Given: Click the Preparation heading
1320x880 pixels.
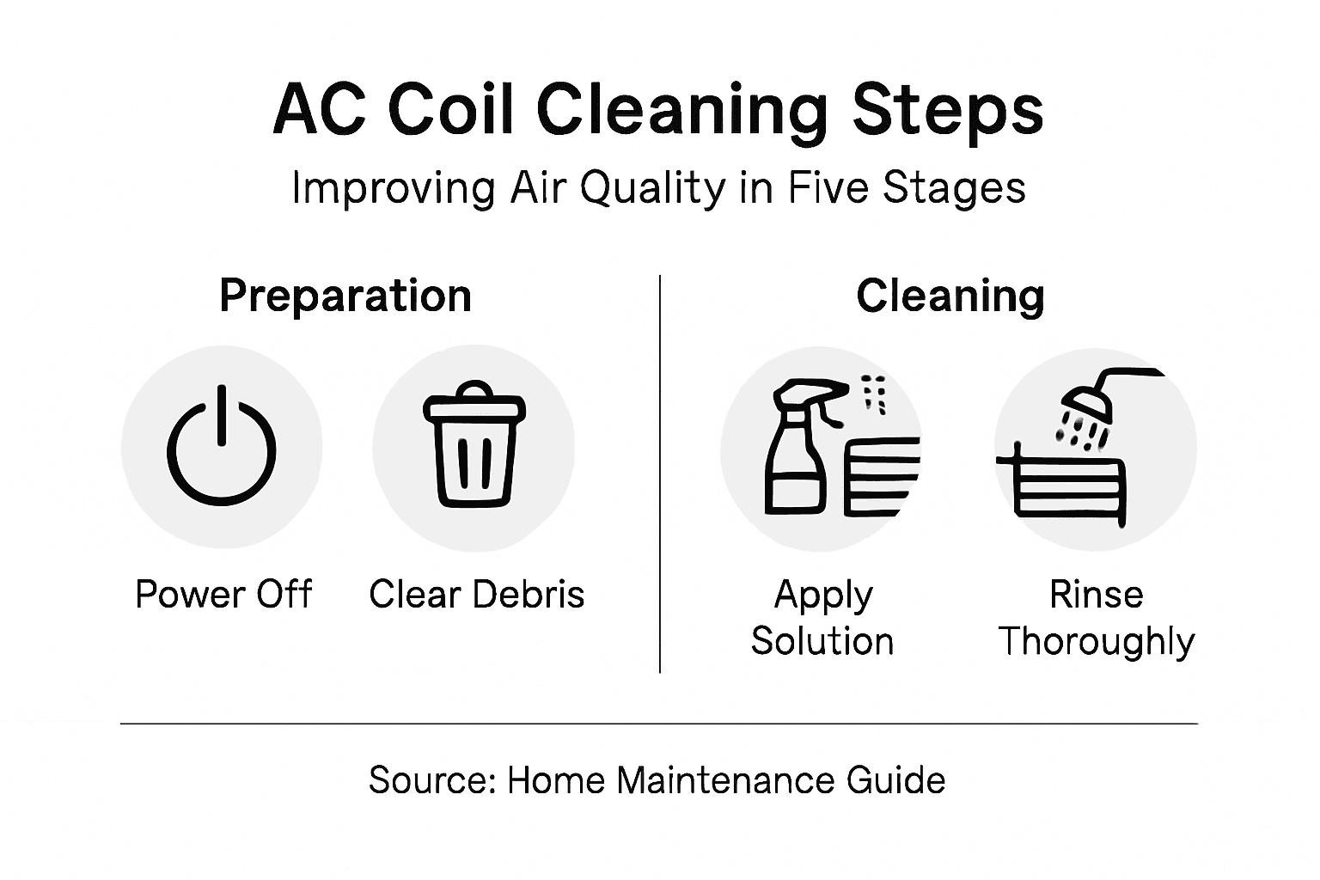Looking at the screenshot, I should tap(345, 296).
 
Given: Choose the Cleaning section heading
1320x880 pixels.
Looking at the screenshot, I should tap(950, 296).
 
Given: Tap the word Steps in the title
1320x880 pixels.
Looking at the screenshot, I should tap(948, 110).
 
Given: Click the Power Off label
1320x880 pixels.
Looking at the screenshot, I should tap(223, 595).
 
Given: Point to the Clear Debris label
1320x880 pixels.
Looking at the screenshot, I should tap(477, 595).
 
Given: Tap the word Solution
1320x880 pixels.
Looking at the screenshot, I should tap(822, 641).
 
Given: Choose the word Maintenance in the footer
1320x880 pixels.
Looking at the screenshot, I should tap(725, 780).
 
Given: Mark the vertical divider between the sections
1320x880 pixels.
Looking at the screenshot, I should tap(660, 473).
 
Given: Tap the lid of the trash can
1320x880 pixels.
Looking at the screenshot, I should tap(474, 402).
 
